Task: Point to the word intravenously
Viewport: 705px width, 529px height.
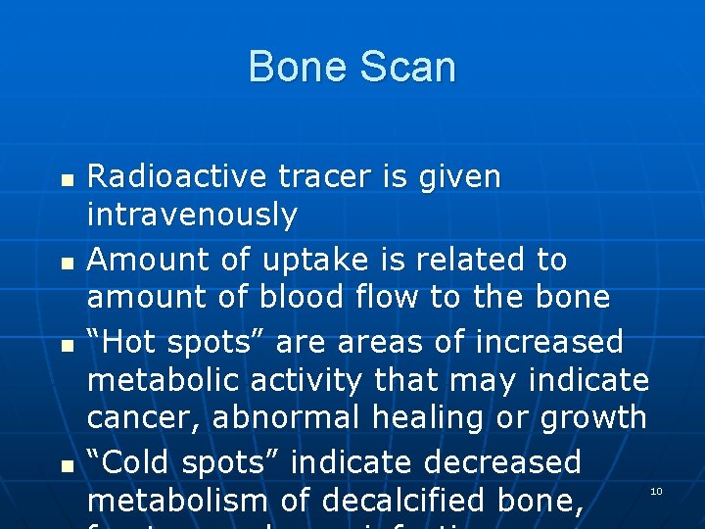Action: pyautogui.click(x=192, y=215)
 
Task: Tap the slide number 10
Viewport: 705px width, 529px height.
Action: pyautogui.click(x=657, y=490)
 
